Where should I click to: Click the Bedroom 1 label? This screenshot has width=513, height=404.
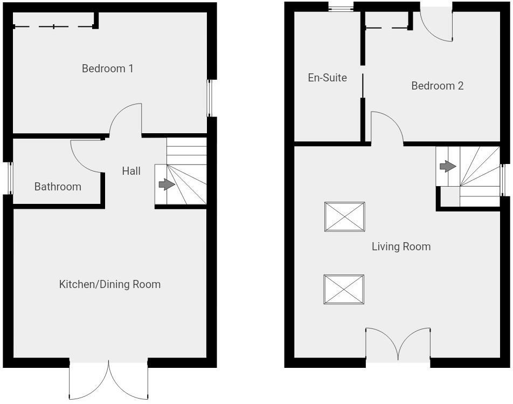107,69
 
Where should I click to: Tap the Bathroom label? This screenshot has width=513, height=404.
58,187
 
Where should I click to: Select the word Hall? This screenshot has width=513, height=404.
131,171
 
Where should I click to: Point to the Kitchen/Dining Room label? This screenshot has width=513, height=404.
110,284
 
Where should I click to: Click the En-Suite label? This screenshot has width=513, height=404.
328,78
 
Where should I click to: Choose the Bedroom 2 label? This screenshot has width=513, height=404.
438,86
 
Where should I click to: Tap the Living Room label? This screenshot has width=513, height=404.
401,246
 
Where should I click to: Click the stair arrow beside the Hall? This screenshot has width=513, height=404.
167,184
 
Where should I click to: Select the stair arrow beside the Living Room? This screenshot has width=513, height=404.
448,166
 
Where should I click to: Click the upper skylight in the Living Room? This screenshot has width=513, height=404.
344,217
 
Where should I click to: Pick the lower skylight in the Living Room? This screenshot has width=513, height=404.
344,290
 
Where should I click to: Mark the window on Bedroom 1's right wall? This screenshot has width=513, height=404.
210,98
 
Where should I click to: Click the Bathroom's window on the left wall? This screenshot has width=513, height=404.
10,178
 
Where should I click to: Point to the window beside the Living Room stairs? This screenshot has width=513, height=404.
503,180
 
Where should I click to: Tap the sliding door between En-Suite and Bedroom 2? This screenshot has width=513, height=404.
363,86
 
